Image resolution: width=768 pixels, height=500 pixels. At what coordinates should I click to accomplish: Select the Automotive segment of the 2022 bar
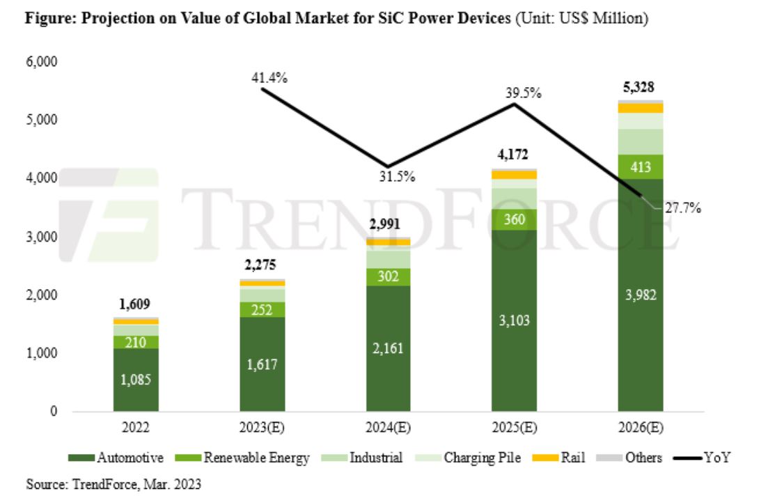tap(136, 380)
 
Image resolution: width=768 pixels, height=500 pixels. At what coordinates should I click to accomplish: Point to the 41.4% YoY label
tap(269, 77)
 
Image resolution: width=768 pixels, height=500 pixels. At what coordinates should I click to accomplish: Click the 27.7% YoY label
tap(682, 208)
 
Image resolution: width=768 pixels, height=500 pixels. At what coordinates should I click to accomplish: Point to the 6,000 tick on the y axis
tap(43, 62)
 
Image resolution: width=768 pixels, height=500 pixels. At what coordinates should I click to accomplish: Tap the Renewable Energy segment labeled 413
tap(641, 166)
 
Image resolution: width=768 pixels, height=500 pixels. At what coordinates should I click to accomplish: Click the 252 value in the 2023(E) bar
tap(262, 309)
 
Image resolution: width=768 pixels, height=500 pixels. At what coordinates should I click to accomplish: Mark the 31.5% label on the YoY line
tap(398, 176)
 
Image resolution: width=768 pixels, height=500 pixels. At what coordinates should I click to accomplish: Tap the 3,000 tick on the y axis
tap(43, 237)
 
